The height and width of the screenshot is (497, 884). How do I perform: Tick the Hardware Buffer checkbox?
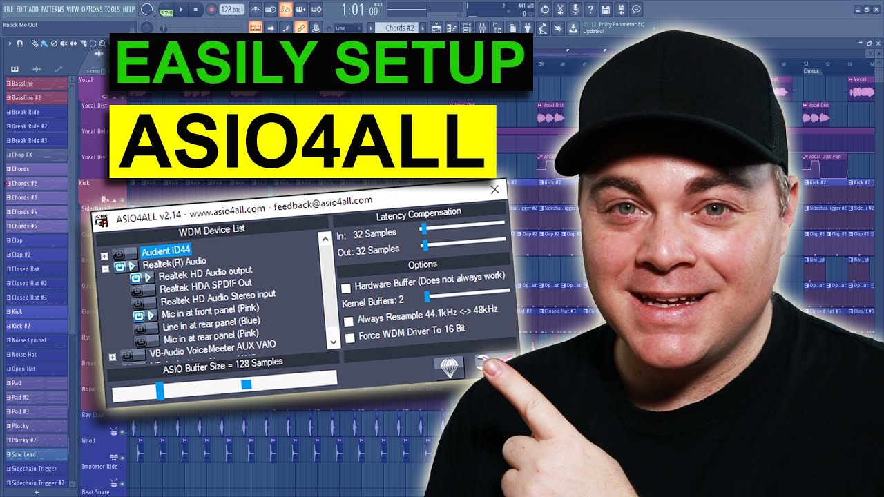pos(346,287)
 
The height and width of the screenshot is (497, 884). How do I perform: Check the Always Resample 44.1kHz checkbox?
pos(349,321)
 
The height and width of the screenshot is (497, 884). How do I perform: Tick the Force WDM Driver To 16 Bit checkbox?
pos(350,338)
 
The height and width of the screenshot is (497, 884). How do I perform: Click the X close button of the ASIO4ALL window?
pos(494,189)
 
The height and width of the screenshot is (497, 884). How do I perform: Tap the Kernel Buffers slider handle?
pos(427,296)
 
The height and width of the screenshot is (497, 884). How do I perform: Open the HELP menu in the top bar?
pos(128,10)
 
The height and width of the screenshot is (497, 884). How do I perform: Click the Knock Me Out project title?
pos(20,25)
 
